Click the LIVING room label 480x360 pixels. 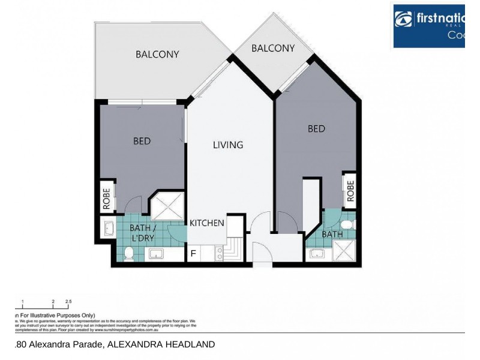click(x=228, y=145)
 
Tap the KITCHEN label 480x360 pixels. click(x=207, y=223)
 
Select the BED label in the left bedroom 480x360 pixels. click(x=142, y=141)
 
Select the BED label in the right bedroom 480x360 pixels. click(x=316, y=128)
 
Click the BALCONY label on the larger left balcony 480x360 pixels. click(x=157, y=54)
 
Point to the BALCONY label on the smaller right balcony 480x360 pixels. click(x=273, y=48)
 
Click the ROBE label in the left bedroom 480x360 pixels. click(x=107, y=199)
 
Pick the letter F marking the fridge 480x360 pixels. click(x=193, y=253)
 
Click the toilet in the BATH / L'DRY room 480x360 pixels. click(x=128, y=254)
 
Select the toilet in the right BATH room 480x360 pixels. click(x=352, y=224)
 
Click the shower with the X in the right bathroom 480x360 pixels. click(x=344, y=251)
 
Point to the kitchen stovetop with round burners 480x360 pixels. click(x=219, y=254)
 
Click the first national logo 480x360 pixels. click(x=428, y=26)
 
